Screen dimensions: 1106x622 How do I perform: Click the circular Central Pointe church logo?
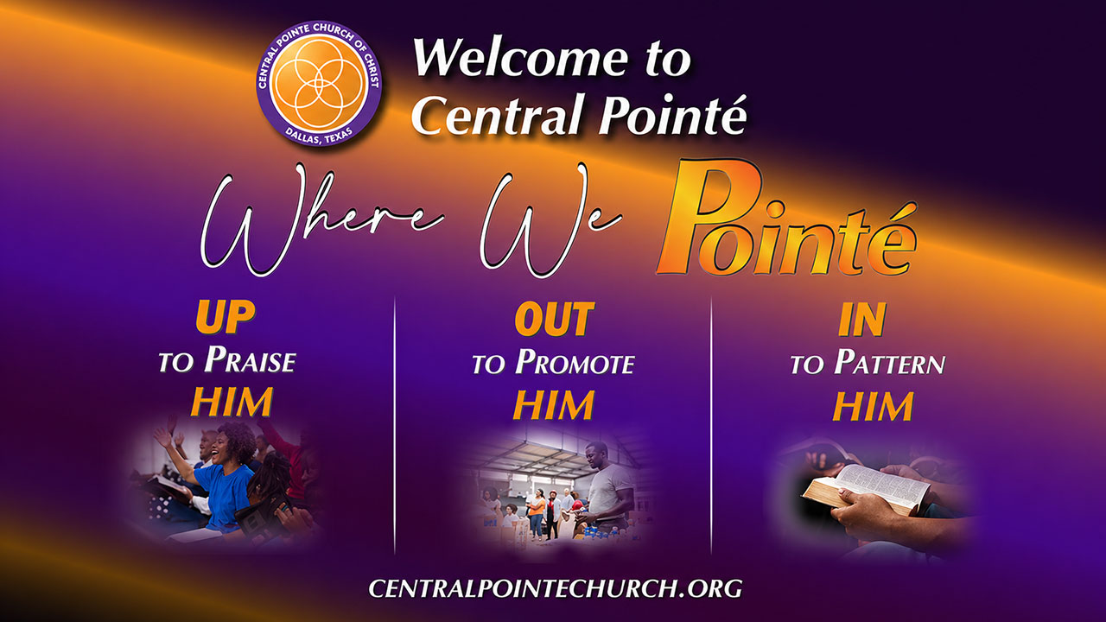click(319, 84)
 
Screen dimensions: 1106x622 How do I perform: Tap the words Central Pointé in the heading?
click(579, 114)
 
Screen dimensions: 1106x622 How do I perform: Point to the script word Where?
click(321, 220)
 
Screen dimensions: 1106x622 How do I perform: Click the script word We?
click(550, 220)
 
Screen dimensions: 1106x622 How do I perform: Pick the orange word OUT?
click(555, 320)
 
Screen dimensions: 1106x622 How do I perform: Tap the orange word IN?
click(862, 321)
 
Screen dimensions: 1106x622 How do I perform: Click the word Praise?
click(250, 359)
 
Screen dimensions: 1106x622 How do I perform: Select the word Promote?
click(575, 362)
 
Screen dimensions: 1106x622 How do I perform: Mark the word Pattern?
click(890, 362)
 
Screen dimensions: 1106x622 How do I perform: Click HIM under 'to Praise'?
click(232, 402)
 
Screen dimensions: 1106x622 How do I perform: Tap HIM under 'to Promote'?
click(554, 405)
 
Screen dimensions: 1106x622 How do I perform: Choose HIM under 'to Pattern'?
click(873, 406)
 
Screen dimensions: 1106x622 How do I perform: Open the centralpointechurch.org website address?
click(556, 588)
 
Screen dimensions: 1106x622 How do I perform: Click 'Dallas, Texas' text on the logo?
click(319, 136)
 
